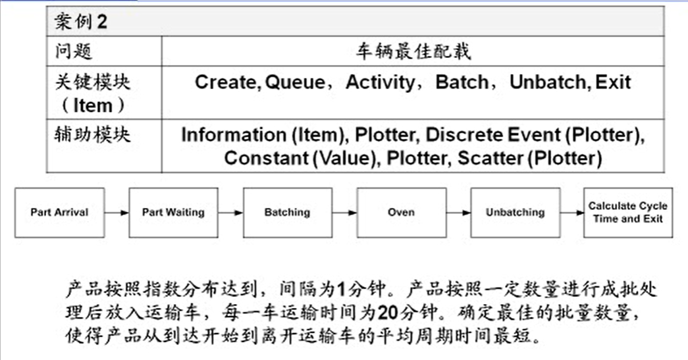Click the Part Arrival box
[59, 213]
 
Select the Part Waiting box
[173, 213]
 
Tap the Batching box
[287, 213]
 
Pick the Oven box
[401, 213]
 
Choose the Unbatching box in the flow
[515, 213]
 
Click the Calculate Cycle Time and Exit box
[628, 213]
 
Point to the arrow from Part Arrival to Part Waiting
[116, 213]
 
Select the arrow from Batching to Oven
[344, 213]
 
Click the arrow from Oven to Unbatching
[458, 213]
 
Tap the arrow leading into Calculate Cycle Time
[571, 213]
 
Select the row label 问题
[74, 51]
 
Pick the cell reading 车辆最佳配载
[413, 51]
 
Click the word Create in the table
[225, 82]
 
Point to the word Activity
[381, 83]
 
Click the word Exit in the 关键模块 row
[613, 82]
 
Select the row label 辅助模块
[92, 135]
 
